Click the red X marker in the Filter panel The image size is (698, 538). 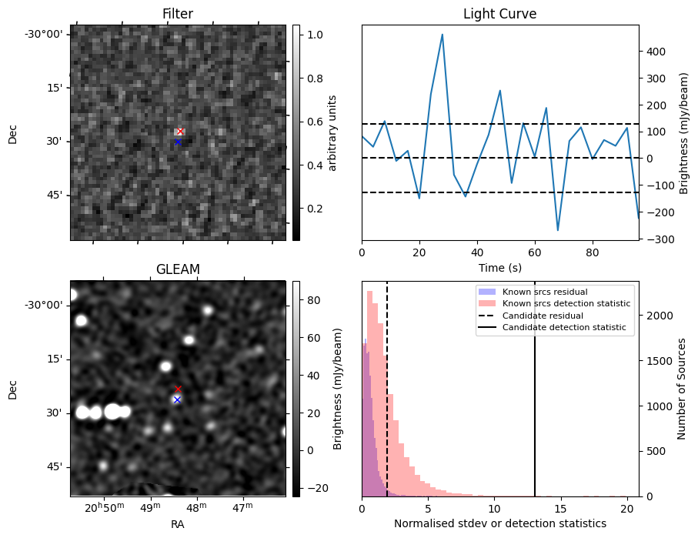point(180,132)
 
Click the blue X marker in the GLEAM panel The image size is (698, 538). point(177,400)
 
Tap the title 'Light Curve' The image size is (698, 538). point(500,14)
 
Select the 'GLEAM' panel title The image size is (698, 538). point(178,269)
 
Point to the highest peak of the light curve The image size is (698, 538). point(442,35)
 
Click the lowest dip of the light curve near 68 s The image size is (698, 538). point(558,230)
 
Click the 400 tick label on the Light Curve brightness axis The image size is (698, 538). point(655,52)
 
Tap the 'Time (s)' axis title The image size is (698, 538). point(500,268)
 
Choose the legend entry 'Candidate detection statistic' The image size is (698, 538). point(564,327)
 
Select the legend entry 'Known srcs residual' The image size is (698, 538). point(545,292)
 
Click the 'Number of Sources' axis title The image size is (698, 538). point(682,389)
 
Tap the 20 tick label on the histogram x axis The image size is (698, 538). point(626,509)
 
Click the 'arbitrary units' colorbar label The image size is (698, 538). point(332,133)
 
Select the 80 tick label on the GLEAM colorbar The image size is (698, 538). point(313,301)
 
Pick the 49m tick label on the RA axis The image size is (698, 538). point(151,507)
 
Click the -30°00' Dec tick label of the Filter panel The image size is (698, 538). point(47,35)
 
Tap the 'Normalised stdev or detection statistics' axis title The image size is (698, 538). point(500,523)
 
